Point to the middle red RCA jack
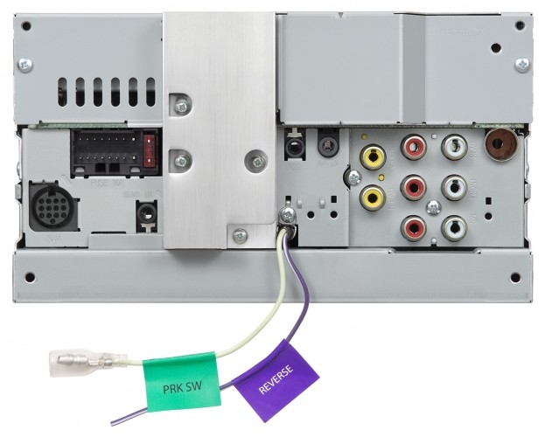(x=413, y=187)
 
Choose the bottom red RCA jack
(x=413, y=228)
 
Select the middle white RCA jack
(x=453, y=187)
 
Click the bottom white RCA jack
(x=453, y=228)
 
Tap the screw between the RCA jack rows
(x=433, y=207)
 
